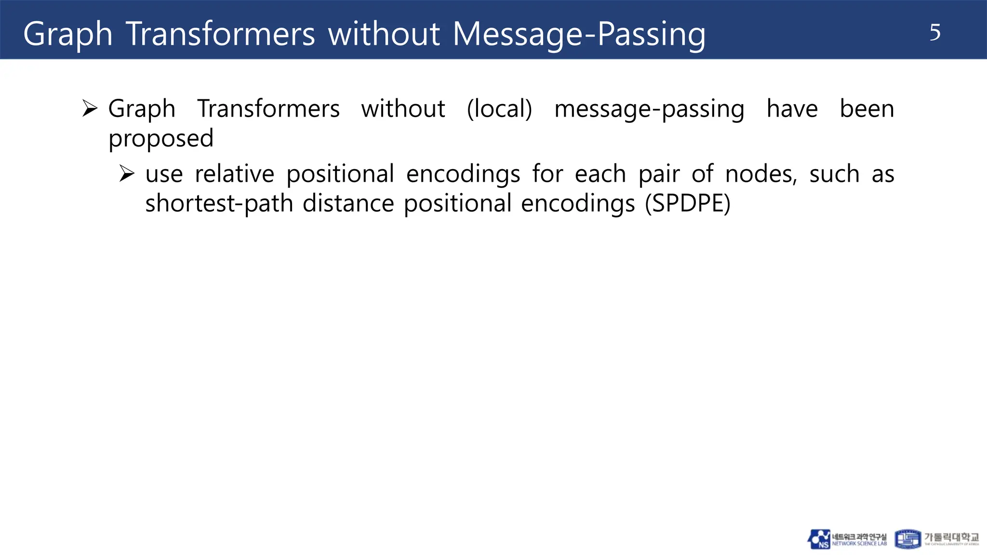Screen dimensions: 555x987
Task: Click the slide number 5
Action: tap(934, 33)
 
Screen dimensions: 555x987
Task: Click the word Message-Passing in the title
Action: tap(579, 35)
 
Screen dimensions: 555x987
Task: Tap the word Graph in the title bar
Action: tap(67, 35)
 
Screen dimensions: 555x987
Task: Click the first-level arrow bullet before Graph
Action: tap(90, 108)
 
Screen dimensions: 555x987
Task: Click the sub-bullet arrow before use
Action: tap(127, 173)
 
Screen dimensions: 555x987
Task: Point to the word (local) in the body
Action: tap(499, 109)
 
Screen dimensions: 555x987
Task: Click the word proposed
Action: tap(160, 139)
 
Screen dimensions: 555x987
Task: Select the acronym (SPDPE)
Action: tap(688, 203)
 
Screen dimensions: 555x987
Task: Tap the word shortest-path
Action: tap(219, 203)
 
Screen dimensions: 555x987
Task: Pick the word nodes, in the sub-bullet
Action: tap(761, 174)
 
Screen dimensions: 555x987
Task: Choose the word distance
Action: tap(348, 203)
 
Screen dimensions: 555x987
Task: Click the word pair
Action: tap(659, 174)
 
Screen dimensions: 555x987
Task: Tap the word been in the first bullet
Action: tap(867, 108)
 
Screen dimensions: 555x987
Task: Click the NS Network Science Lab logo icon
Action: tap(819, 539)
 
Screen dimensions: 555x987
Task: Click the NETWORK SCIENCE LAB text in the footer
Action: tap(859, 543)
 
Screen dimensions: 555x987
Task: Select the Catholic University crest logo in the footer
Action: tap(907, 539)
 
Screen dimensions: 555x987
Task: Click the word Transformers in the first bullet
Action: tap(268, 108)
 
